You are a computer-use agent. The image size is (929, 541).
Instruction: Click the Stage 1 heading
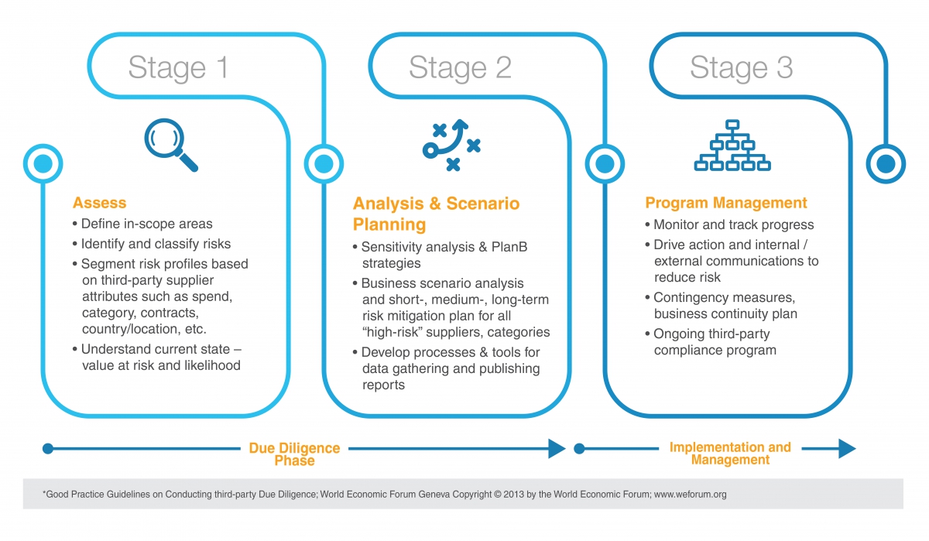pyautogui.click(x=178, y=68)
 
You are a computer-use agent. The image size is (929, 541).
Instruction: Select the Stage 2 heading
pyautogui.click(x=460, y=68)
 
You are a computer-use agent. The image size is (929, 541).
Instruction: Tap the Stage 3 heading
pyautogui.click(x=741, y=68)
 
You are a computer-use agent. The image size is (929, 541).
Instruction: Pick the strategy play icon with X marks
pyautogui.click(x=451, y=145)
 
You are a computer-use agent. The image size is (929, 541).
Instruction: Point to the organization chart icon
pyautogui.click(x=732, y=146)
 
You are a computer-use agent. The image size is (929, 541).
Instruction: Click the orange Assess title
pyautogui.click(x=99, y=204)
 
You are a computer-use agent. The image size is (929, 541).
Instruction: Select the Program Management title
pyautogui.click(x=725, y=204)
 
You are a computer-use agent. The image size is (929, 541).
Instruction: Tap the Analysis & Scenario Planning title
pyautogui.click(x=436, y=214)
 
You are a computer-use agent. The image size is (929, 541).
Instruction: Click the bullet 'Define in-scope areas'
pyautogui.click(x=146, y=224)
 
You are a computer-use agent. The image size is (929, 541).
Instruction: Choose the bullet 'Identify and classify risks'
pyautogui.click(x=156, y=244)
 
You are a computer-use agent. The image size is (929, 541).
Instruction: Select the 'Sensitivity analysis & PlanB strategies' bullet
pyautogui.click(x=450, y=255)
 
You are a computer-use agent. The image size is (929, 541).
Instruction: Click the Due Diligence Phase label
pyautogui.click(x=294, y=454)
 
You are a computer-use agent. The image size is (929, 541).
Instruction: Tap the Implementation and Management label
pyautogui.click(x=730, y=454)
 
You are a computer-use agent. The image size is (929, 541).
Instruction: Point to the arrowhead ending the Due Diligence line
pyautogui.click(x=557, y=448)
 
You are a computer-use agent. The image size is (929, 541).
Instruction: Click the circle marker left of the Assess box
pyautogui.click(x=43, y=164)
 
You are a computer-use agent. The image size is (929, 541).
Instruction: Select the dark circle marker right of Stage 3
pyautogui.click(x=885, y=164)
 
